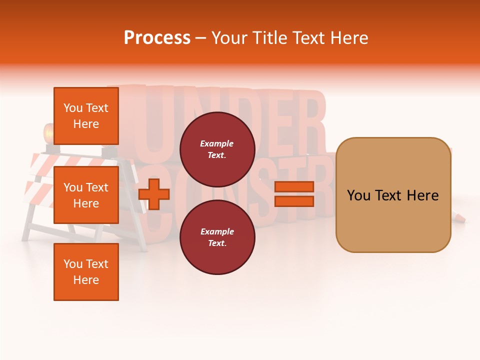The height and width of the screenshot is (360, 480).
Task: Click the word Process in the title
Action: tap(157, 38)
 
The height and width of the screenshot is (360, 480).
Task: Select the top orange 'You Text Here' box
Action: tap(86, 116)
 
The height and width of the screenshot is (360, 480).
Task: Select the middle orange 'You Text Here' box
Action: tap(86, 195)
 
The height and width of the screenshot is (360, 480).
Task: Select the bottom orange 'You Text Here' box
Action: tap(86, 272)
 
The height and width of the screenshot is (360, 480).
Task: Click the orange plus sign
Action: tap(154, 194)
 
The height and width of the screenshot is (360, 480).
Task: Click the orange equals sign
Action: tap(294, 194)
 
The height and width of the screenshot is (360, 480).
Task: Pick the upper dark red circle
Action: tap(217, 149)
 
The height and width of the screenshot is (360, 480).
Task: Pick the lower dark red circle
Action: tap(217, 237)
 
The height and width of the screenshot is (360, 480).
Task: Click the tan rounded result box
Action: tap(393, 195)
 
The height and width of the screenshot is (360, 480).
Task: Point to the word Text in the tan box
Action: tap(390, 195)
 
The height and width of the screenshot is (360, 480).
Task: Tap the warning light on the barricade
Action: tap(49, 134)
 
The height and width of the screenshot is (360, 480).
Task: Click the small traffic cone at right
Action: tap(458, 217)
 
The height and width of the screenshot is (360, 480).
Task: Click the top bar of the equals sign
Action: tap(294, 186)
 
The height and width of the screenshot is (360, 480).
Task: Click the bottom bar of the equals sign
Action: tap(294, 201)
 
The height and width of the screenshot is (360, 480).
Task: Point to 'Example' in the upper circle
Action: tap(216, 143)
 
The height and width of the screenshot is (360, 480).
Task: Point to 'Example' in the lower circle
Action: tap(216, 231)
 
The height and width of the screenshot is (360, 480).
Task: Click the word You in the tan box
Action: tap(358, 195)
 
